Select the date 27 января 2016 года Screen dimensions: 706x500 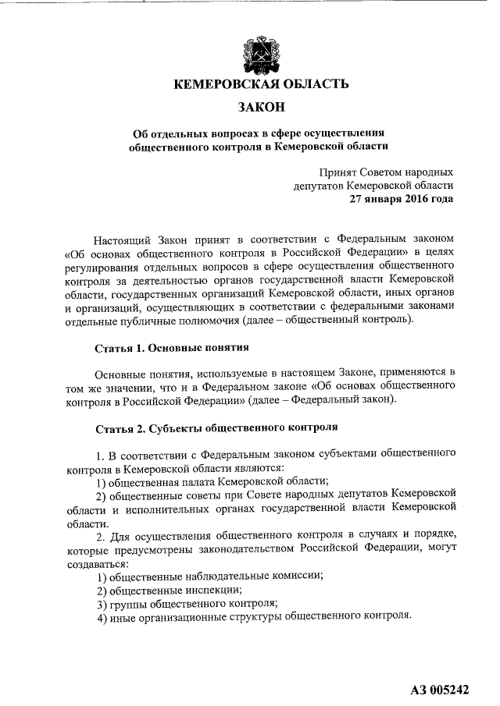pos(402,199)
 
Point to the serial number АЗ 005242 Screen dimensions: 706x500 pos(439,690)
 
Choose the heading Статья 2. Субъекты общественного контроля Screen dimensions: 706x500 pos(216,428)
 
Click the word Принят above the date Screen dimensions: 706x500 pos(337,172)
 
